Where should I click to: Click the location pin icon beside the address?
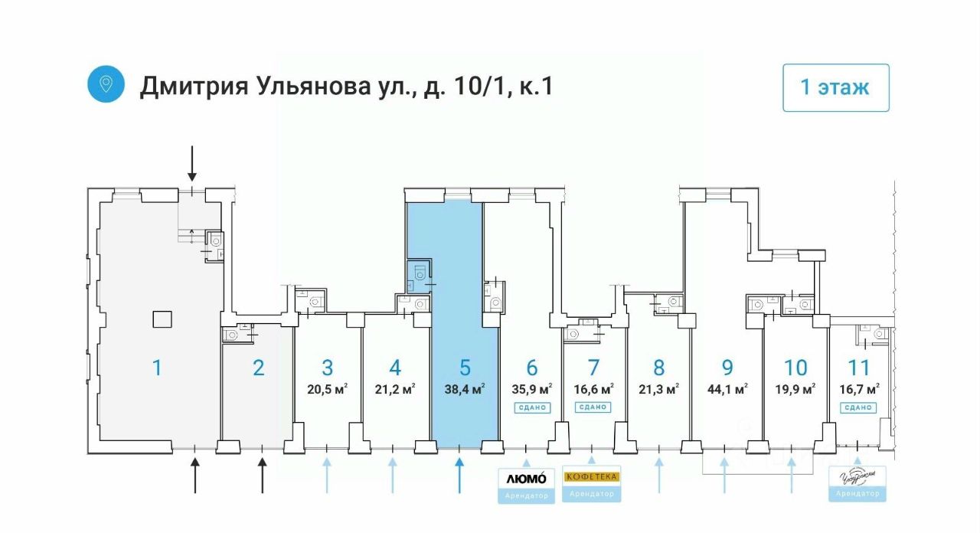[106, 84]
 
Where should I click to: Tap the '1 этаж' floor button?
[835, 87]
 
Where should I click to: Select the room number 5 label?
[465, 368]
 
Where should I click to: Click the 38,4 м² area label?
[464, 389]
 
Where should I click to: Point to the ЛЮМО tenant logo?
[527, 478]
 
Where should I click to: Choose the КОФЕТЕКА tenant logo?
[591, 476]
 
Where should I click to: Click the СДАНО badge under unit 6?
[532, 407]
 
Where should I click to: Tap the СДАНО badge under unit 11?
[858, 407]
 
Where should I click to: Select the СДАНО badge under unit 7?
[593, 407]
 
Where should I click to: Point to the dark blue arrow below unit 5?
[459, 475]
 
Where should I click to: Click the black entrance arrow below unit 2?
[263, 475]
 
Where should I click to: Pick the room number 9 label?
[727, 368]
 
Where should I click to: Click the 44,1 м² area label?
[727, 389]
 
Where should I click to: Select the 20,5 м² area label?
[327, 389]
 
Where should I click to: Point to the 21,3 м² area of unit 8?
[659, 389]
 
